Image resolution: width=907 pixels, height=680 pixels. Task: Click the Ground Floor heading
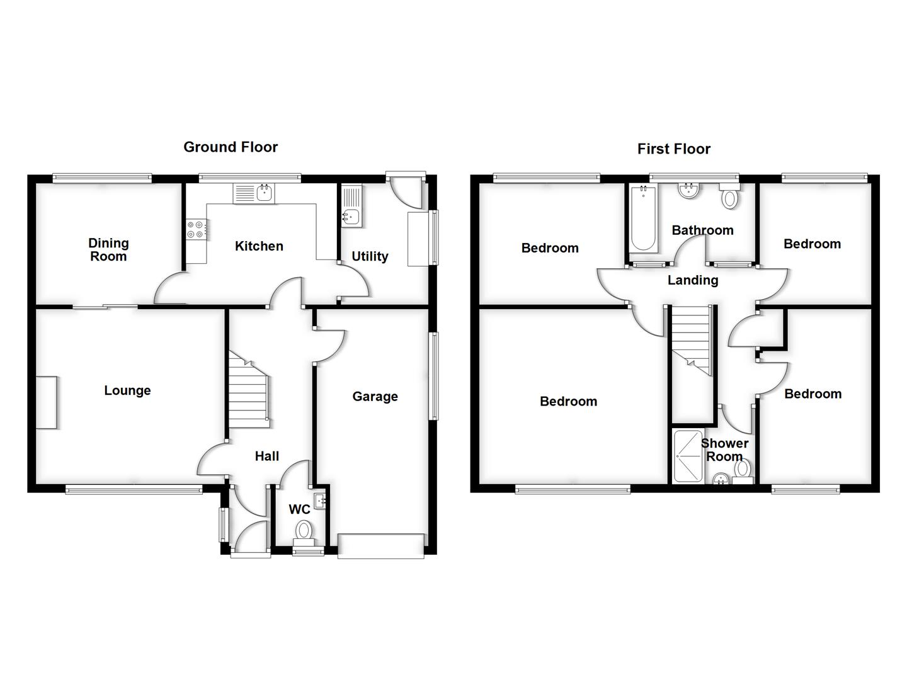[231, 147]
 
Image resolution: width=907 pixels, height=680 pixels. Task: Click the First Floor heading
[673, 149]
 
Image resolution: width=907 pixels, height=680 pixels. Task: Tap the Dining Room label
[108, 250]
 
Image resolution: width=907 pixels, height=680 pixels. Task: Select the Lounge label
[127, 390]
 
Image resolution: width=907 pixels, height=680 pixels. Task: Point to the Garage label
[375, 396]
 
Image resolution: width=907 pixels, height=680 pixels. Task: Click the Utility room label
[370, 256]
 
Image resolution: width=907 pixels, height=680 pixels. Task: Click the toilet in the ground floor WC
[304, 529]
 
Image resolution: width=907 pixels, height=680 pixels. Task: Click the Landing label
[693, 280]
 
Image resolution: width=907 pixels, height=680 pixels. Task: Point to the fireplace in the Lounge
[46, 402]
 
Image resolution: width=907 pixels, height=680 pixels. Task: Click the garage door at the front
[381, 546]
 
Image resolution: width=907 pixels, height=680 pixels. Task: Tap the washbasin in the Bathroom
[688, 191]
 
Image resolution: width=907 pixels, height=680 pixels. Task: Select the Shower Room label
[724, 450]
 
